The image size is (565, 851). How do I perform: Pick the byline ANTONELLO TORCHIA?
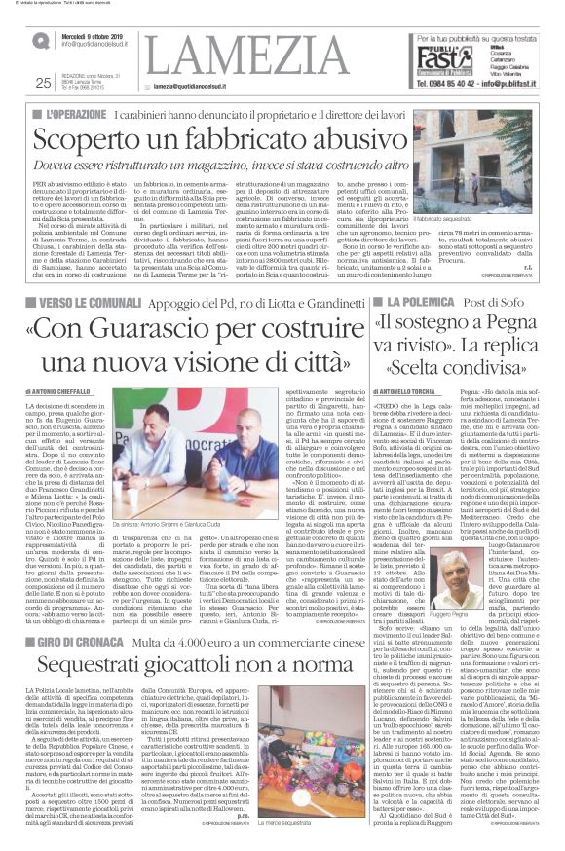click(x=405, y=364)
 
